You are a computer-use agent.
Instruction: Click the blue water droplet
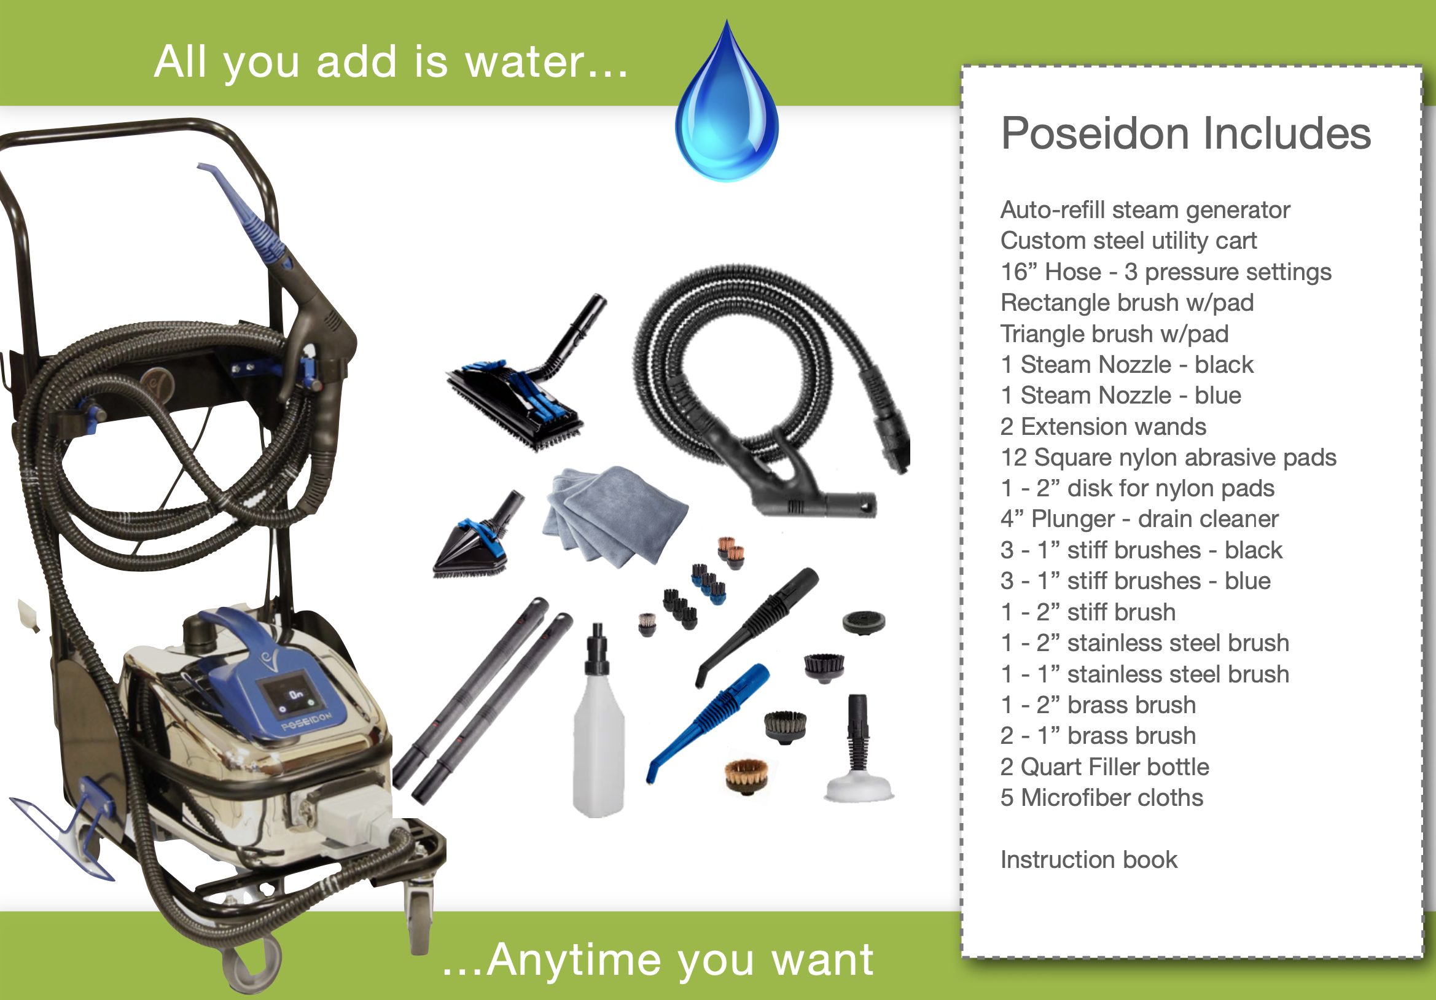point(727,112)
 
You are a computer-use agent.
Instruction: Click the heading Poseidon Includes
point(1186,133)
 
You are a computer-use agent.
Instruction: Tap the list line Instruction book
point(1089,859)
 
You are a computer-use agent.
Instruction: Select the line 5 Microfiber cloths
point(1102,797)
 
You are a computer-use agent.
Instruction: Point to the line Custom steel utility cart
point(1128,241)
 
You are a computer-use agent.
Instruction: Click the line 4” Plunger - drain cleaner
point(1139,519)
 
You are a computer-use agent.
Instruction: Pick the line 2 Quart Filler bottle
point(1104,767)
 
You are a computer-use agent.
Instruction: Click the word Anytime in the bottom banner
point(574,960)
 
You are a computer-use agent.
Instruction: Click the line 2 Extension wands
point(1103,426)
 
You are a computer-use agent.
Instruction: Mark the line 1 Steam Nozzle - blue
point(1121,395)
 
